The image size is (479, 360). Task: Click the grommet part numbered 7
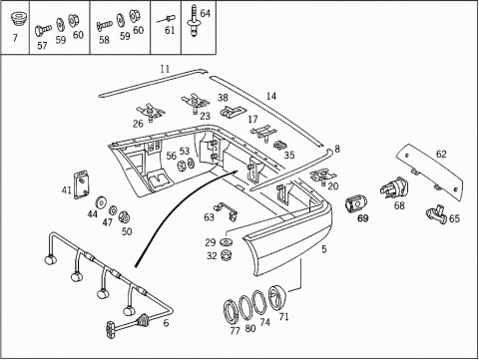pyautogui.click(x=18, y=20)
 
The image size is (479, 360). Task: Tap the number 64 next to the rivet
pyautogui.click(x=206, y=13)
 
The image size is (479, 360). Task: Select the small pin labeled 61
pyautogui.click(x=167, y=18)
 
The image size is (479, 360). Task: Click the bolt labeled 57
pyautogui.click(x=43, y=31)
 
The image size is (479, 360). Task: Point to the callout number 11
pyautogui.click(x=165, y=69)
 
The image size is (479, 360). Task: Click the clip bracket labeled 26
pyautogui.click(x=152, y=113)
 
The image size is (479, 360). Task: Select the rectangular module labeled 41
pyautogui.click(x=82, y=184)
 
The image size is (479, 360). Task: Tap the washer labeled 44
pyautogui.click(x=100, y=202)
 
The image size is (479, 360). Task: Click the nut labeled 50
pyautogui.click(x=125, y=217)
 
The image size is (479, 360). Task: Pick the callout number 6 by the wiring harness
pyautogui.click(x=166, y=323)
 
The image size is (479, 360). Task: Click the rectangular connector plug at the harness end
pyautogui.click(x=111, y=330)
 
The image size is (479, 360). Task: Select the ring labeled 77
pyautogui.click(x=230, y=311)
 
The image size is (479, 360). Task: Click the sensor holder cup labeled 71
pyautogui.click(x=276, y=297)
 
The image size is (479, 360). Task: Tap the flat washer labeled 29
pyautogui.click(x=227, y=241)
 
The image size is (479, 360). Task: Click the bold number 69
pyautogui.click(x=363, y=218)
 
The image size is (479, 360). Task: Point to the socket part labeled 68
pyautogui.click(x=394, y=188)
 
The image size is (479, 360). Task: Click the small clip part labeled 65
pyautogui.click(x=436, y=214)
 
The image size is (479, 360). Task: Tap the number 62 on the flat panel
pyautogui.click(x=441, y=155)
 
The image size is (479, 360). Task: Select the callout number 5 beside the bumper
pyautogui.click(x=324, y=249)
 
